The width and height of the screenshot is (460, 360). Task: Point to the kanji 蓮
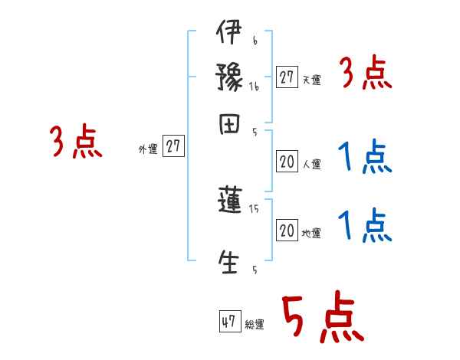[x=229, y=201]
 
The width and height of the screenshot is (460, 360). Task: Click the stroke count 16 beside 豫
[x=254, y=87]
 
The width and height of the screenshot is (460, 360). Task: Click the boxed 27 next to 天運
[x=287, y=77]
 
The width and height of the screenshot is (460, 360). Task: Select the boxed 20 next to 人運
[x=287, y=162]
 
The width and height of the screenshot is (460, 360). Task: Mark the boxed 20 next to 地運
[x=287, y=231]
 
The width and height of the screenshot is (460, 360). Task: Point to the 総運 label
[x=255, y=325]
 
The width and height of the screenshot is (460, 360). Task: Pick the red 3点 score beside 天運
[x=365, y=74]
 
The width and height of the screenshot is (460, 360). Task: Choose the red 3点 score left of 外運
[x=77, y=142]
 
